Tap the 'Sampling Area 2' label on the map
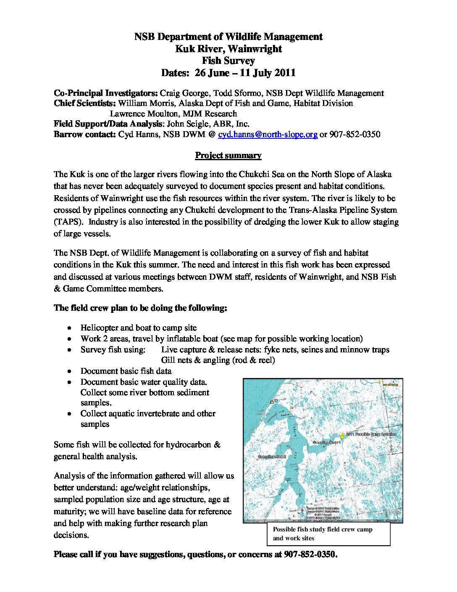(x=272, y=456)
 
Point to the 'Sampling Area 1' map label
(x=326, y=443)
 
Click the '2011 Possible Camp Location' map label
(x=371, y=434)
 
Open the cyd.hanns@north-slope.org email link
(x=268, y=135)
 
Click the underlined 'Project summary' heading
(x=228, y=156)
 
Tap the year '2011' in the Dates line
(x=285, y=73)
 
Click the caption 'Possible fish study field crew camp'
(x=323, y=529)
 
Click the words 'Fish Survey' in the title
(x=228, y=61)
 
